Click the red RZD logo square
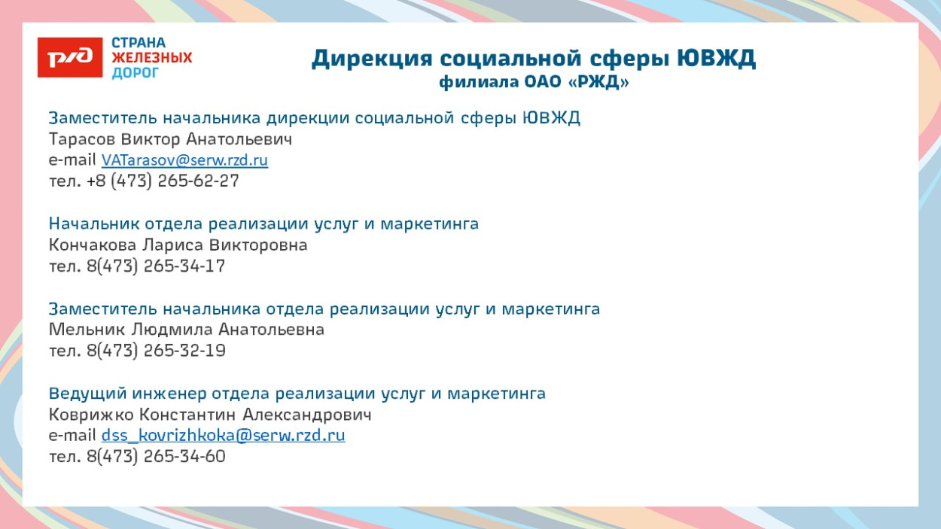[69, 57]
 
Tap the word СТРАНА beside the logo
[139, 43]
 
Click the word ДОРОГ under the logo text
[136, 73]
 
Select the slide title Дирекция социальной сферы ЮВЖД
[533, 58]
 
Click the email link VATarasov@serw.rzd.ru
[184, 160]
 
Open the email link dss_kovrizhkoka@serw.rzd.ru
[223, 435]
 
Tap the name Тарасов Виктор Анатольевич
[170, 139]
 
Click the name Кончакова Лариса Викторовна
[178, 245]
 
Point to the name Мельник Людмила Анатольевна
[186, 330]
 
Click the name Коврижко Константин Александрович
[210, 415]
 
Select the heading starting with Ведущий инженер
[297, 394]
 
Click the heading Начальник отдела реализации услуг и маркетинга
[263, 224]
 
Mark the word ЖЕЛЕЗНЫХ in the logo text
[151, 58]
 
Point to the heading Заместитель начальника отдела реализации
[324, 309]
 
